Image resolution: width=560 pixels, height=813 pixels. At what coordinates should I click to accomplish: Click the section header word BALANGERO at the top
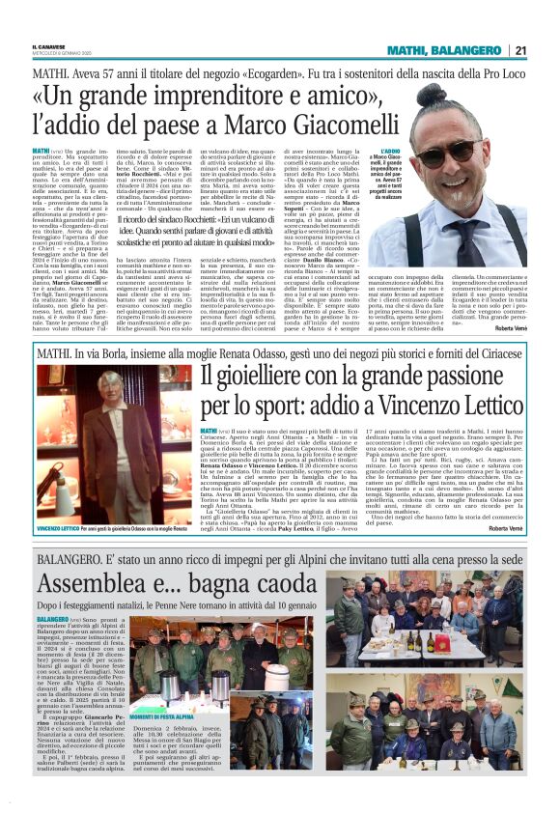coord(467,51)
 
